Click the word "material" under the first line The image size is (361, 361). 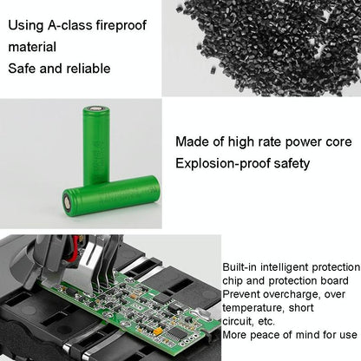click(x=32, y=47)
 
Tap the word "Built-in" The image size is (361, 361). click(x=240, y=267)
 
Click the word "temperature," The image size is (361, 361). click(x=259, y=307)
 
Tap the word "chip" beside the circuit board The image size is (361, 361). click(x=234, y=281)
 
